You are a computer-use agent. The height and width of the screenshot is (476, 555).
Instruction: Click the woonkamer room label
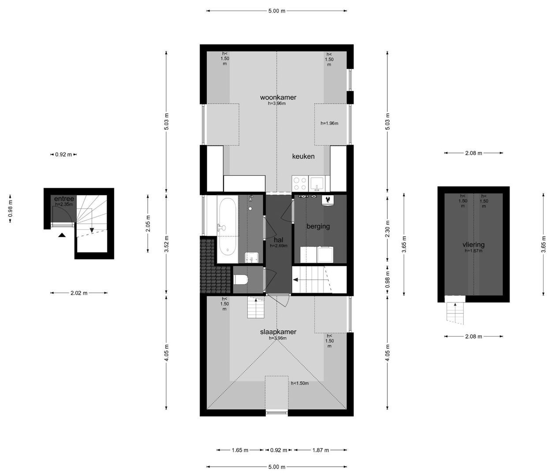[x=278, y=97]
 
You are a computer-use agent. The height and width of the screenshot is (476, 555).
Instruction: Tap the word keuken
[x=303, y=156]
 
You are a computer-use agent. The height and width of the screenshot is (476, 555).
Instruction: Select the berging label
[x=318, y=226]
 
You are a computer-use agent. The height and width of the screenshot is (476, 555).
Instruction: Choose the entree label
[x=64, y=199]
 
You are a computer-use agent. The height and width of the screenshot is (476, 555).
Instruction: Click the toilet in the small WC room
[x=241, y=279]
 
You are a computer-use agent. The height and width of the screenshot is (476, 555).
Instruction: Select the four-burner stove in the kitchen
[x=300, y=184]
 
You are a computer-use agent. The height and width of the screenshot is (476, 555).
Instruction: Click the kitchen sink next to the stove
[x=317, y=183]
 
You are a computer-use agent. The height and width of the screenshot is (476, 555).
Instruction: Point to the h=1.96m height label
[x=329, y=123]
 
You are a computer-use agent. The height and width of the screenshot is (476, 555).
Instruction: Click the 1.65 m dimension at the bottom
[x=240, y=450]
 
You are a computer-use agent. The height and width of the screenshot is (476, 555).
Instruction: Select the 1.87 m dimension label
[x=320, y=450]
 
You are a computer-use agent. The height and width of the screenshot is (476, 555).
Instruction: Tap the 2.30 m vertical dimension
[x=387, y=229]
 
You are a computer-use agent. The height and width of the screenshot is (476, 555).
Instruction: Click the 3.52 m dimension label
[x=167, y=244]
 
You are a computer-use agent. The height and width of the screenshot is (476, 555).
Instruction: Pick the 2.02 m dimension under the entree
[x=78, y=293]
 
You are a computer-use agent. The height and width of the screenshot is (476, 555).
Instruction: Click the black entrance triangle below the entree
[x=62, y=235]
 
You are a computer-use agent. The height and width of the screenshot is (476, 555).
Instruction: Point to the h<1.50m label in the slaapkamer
[x=300, y=383]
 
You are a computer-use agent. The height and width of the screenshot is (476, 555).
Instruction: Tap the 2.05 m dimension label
[x=148, y=223]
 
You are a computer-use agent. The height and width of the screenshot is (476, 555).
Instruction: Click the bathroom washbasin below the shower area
[x=251, y=257]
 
